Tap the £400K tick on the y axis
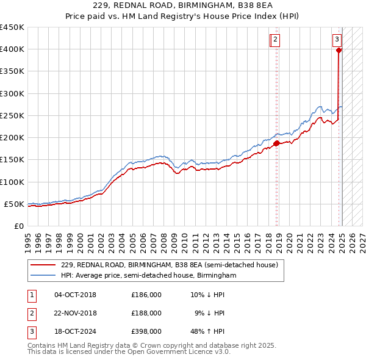click(12, 49)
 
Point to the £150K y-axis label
click(12, 159)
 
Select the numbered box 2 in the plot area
click(276, 40)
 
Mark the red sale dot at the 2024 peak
click(339, 50)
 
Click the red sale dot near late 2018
click(276, 143)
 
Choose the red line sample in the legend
click(43, 265)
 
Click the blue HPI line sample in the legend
click(43, 276)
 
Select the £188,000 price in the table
click(146, 313)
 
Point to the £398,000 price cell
click(146, 331)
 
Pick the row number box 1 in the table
click(31, 295)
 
